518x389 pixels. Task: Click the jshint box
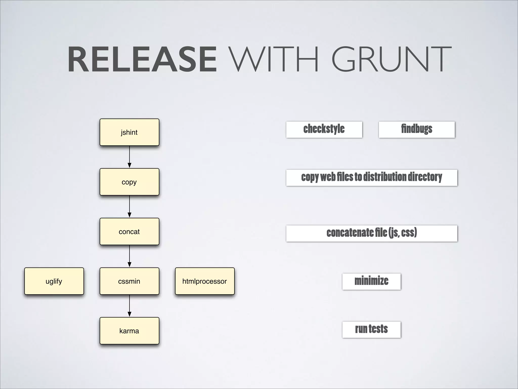click(x=129, y=132)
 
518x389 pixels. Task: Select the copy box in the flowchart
click(x=129, y=182)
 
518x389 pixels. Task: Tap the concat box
click(x=129, y=231)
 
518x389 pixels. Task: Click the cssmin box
click(x=129, y=281)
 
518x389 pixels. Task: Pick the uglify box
click(x=54, y=281)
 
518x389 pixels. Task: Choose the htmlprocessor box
click(x=205, y=281)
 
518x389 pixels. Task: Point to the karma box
click(x=129, y=331)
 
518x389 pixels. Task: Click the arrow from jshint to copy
click(x=129, y=157)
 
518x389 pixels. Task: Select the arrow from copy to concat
click(x=129, y=207)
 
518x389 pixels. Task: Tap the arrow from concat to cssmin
click(x=129, y=256)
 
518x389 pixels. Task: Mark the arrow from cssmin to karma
click(x=129, y=306)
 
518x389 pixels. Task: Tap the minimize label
click(x=371, y=281)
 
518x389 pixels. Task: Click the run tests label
click(x=371, y=329)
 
